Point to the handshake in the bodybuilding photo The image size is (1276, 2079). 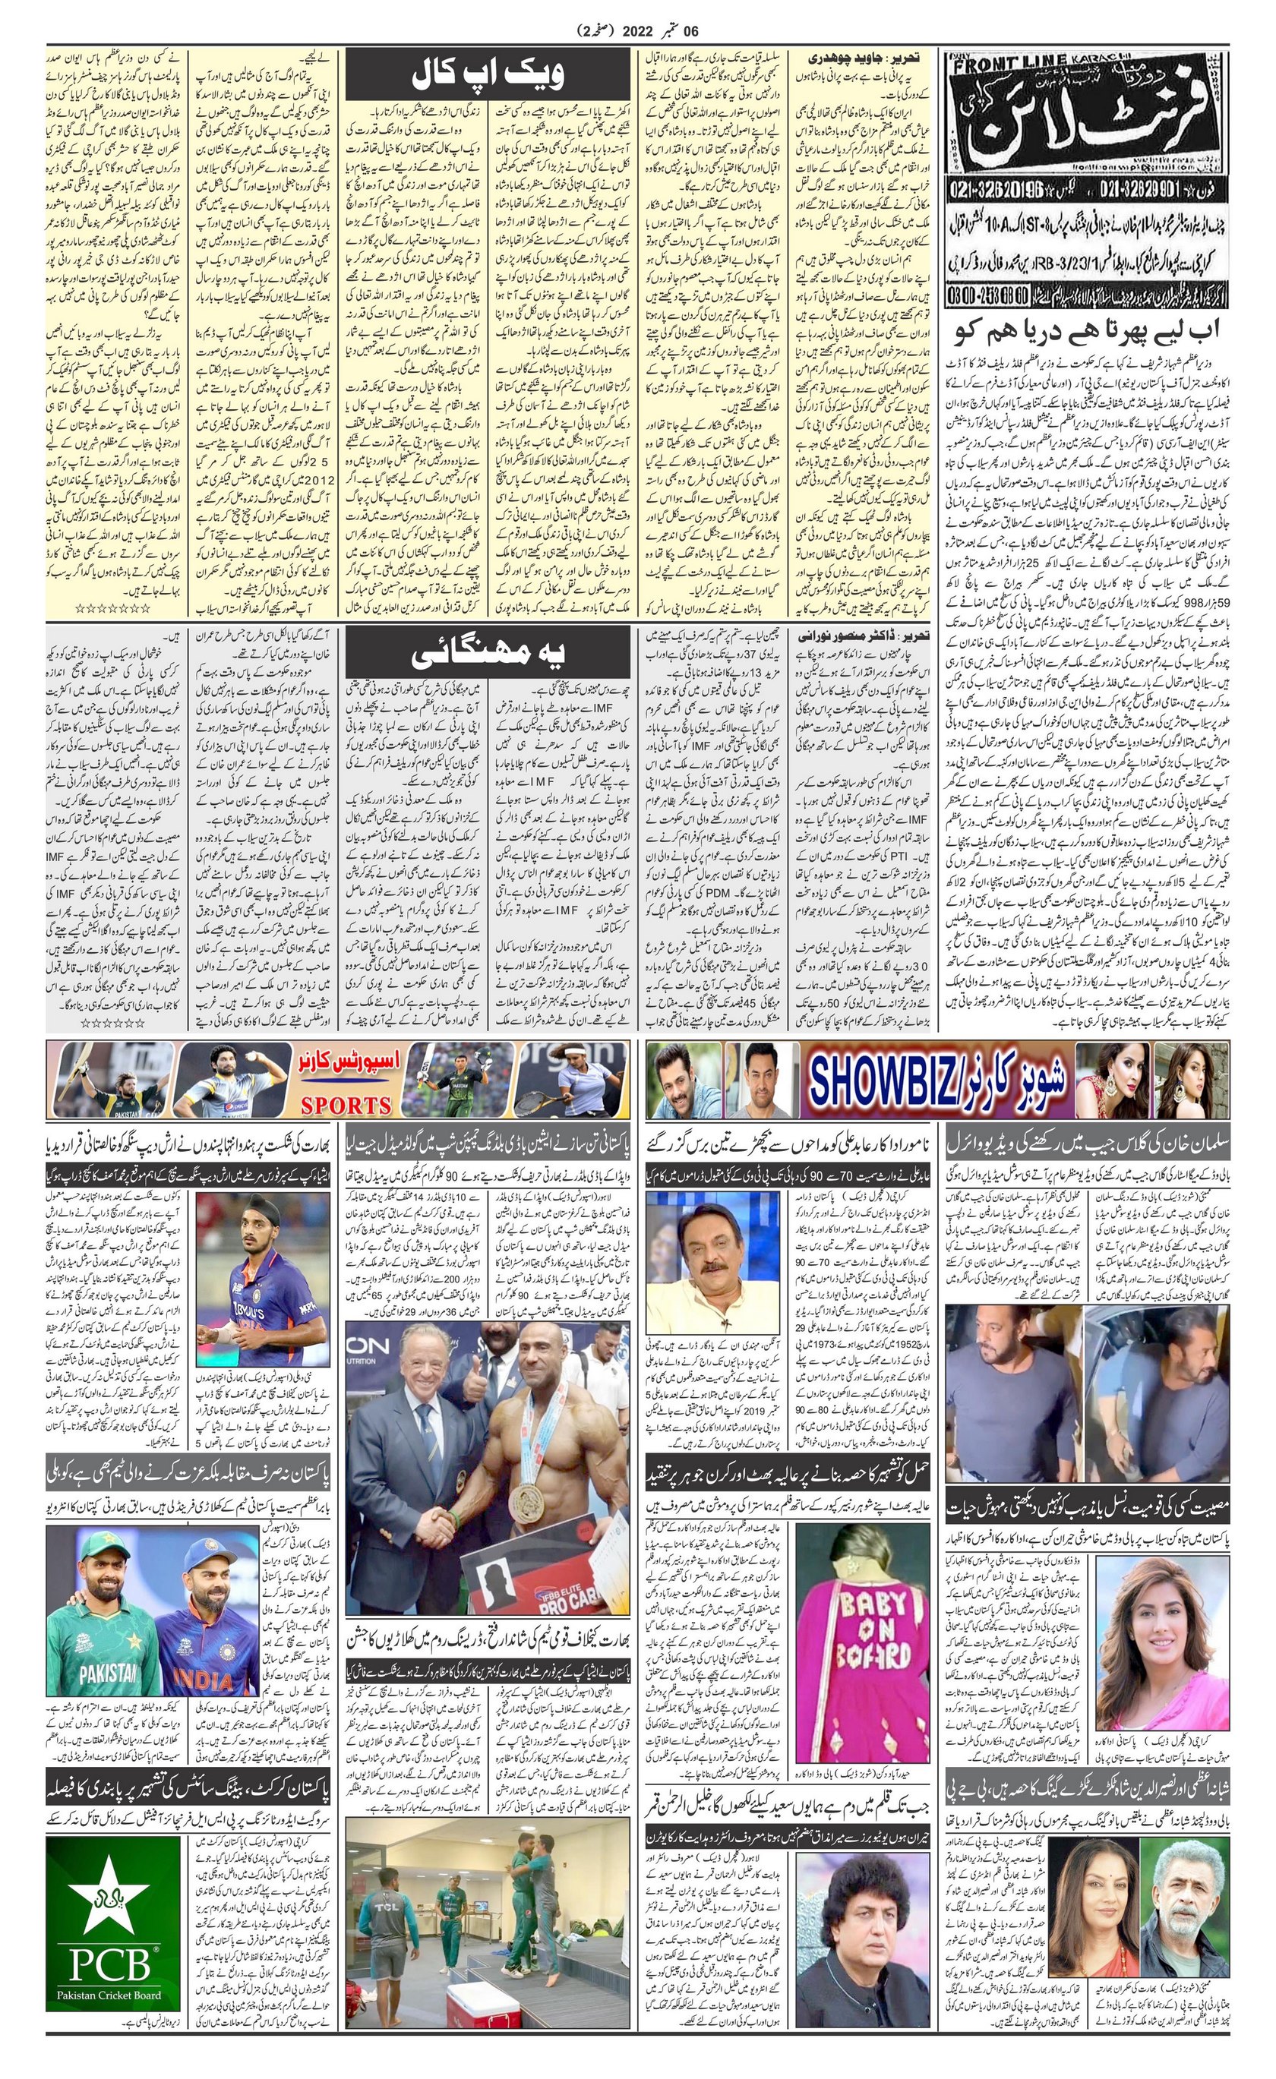pyautogui.click(x=442, y=1523)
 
